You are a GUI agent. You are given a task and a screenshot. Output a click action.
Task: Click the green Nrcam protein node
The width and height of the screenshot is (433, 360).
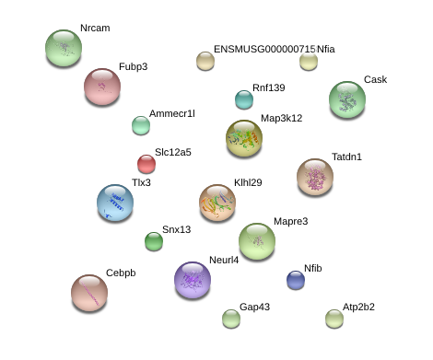tap(64, 48)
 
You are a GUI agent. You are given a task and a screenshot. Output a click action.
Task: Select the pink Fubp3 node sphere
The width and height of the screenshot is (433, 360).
tap(102, 87)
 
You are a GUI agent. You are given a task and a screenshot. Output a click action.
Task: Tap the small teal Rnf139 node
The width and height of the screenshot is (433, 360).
tap(244, 99)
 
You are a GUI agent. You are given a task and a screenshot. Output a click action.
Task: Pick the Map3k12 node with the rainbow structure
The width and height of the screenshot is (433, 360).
tap(244, 138)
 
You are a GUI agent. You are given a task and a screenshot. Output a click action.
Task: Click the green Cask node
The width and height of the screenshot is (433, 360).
tap(347, 99)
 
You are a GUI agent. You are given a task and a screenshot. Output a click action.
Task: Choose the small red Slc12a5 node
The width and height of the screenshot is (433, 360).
tap(146, 164)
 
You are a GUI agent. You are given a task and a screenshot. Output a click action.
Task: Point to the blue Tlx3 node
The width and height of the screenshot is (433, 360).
tap(115, 203)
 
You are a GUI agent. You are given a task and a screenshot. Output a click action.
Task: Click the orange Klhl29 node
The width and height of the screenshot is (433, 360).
tap(217, 203)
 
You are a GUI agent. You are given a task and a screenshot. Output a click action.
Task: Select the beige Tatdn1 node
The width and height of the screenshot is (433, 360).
tap(315, 177)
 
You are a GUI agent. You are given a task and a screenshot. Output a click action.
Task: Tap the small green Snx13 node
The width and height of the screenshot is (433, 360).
tap(154, 241)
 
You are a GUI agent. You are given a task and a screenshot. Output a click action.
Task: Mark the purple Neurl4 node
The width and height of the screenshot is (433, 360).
tap(193, 280)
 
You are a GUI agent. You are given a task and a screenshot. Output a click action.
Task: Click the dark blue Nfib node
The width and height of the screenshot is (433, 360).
tap(296, 280)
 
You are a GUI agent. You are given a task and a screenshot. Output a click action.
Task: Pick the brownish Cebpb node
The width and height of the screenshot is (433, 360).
tap(89, 293)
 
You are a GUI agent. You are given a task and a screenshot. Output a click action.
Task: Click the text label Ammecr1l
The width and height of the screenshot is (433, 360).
tap(172, 113)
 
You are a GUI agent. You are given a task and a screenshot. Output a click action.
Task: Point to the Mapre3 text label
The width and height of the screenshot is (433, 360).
tap(291, 221)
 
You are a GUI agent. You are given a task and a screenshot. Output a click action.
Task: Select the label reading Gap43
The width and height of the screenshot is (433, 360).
tap(254, 307)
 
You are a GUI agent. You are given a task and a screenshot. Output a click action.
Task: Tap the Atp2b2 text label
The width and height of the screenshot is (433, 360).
tap(358, 307)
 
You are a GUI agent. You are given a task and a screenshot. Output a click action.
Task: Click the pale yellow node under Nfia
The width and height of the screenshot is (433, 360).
tap(309, 62)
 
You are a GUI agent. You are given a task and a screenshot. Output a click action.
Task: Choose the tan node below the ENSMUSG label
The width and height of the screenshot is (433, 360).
tap(205, 61)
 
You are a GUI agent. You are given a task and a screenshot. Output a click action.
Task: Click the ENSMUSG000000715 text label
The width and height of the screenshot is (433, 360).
tap(264, 49)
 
